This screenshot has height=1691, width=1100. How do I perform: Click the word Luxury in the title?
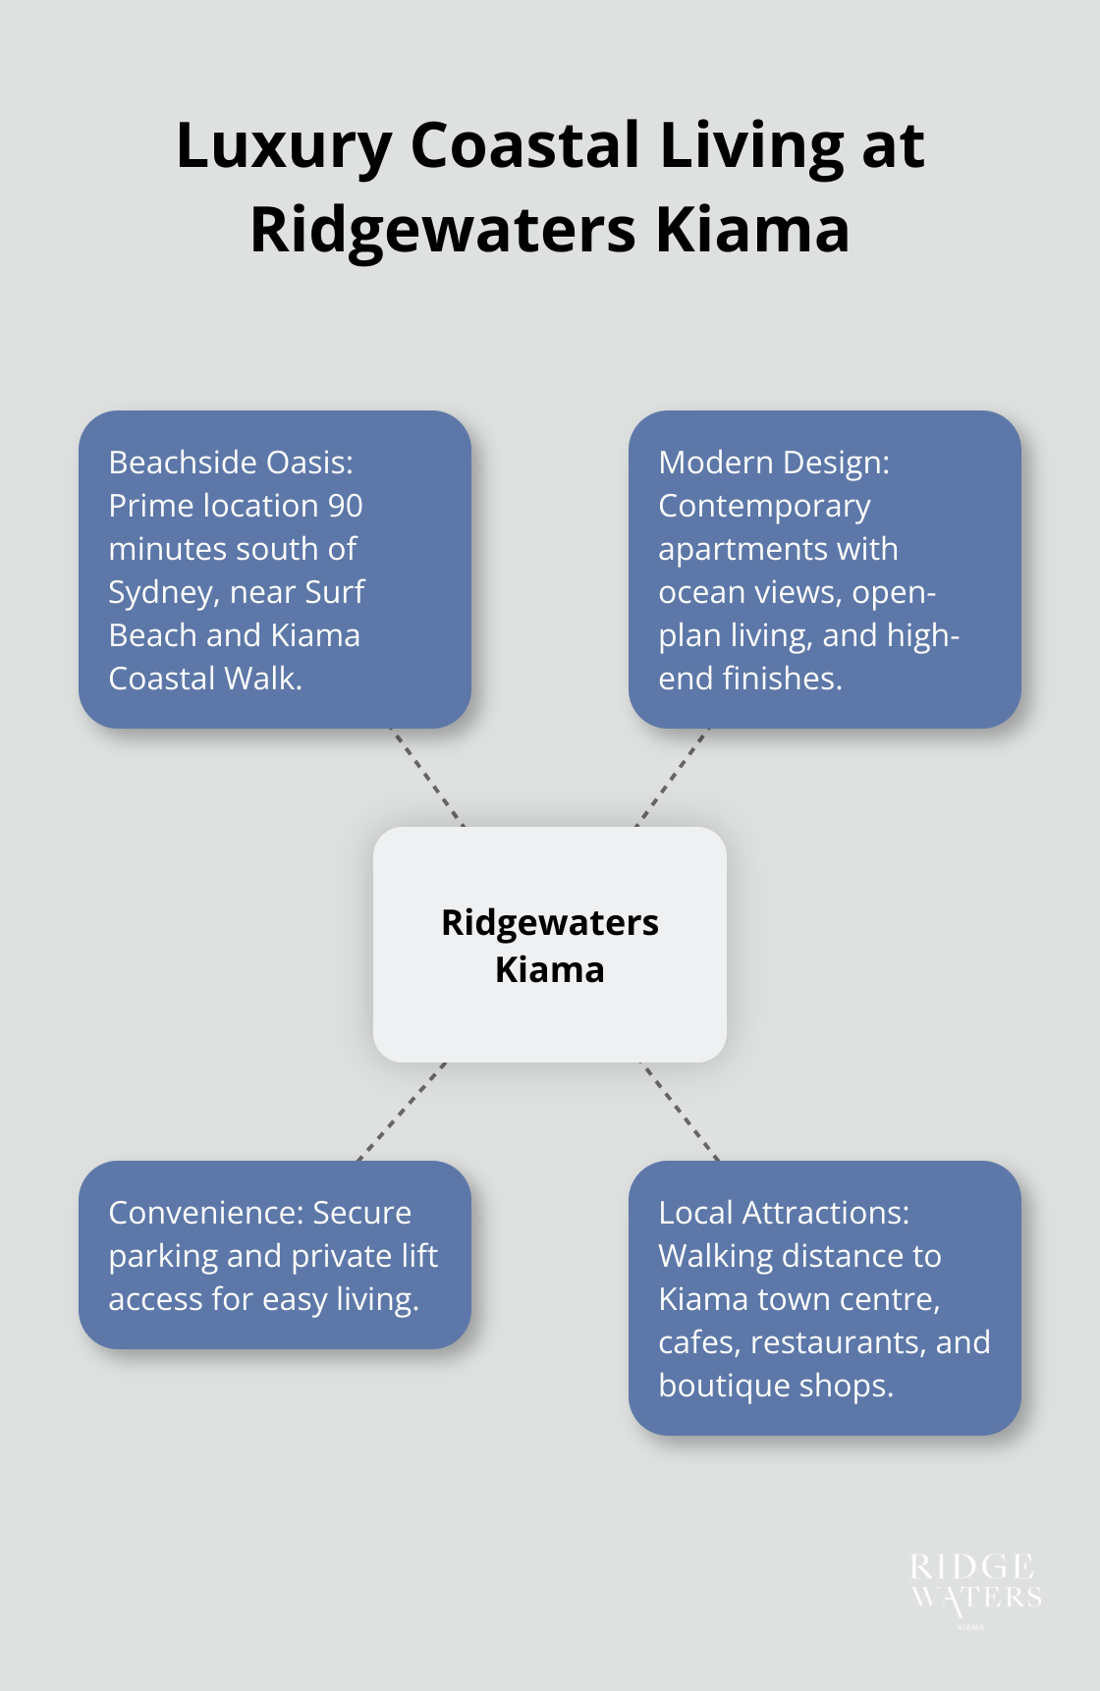tap(283, 147)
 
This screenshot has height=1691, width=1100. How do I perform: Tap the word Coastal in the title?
tap(525, 145)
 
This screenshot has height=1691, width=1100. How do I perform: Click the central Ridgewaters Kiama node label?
tap(550, 945)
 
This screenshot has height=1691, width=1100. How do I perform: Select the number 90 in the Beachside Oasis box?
tap(345, 506)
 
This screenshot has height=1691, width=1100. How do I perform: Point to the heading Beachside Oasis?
tap(230, 463)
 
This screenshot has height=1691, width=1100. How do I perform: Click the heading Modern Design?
tap(773, 463)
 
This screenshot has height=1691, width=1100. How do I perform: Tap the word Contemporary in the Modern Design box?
tap(764, 507)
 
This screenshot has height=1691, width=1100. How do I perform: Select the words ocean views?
tap(750, 593)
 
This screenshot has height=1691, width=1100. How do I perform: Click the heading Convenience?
tap(205, 1213)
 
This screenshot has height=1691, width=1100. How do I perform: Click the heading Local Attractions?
tap(783, 1213)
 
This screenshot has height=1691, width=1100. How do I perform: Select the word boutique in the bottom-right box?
tap(719, 1386)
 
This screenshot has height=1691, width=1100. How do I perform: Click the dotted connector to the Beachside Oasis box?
tap(427, 777)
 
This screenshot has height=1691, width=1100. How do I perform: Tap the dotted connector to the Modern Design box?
tap(673, 777)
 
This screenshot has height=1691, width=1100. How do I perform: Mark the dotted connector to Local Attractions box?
tap(680, 1111)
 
